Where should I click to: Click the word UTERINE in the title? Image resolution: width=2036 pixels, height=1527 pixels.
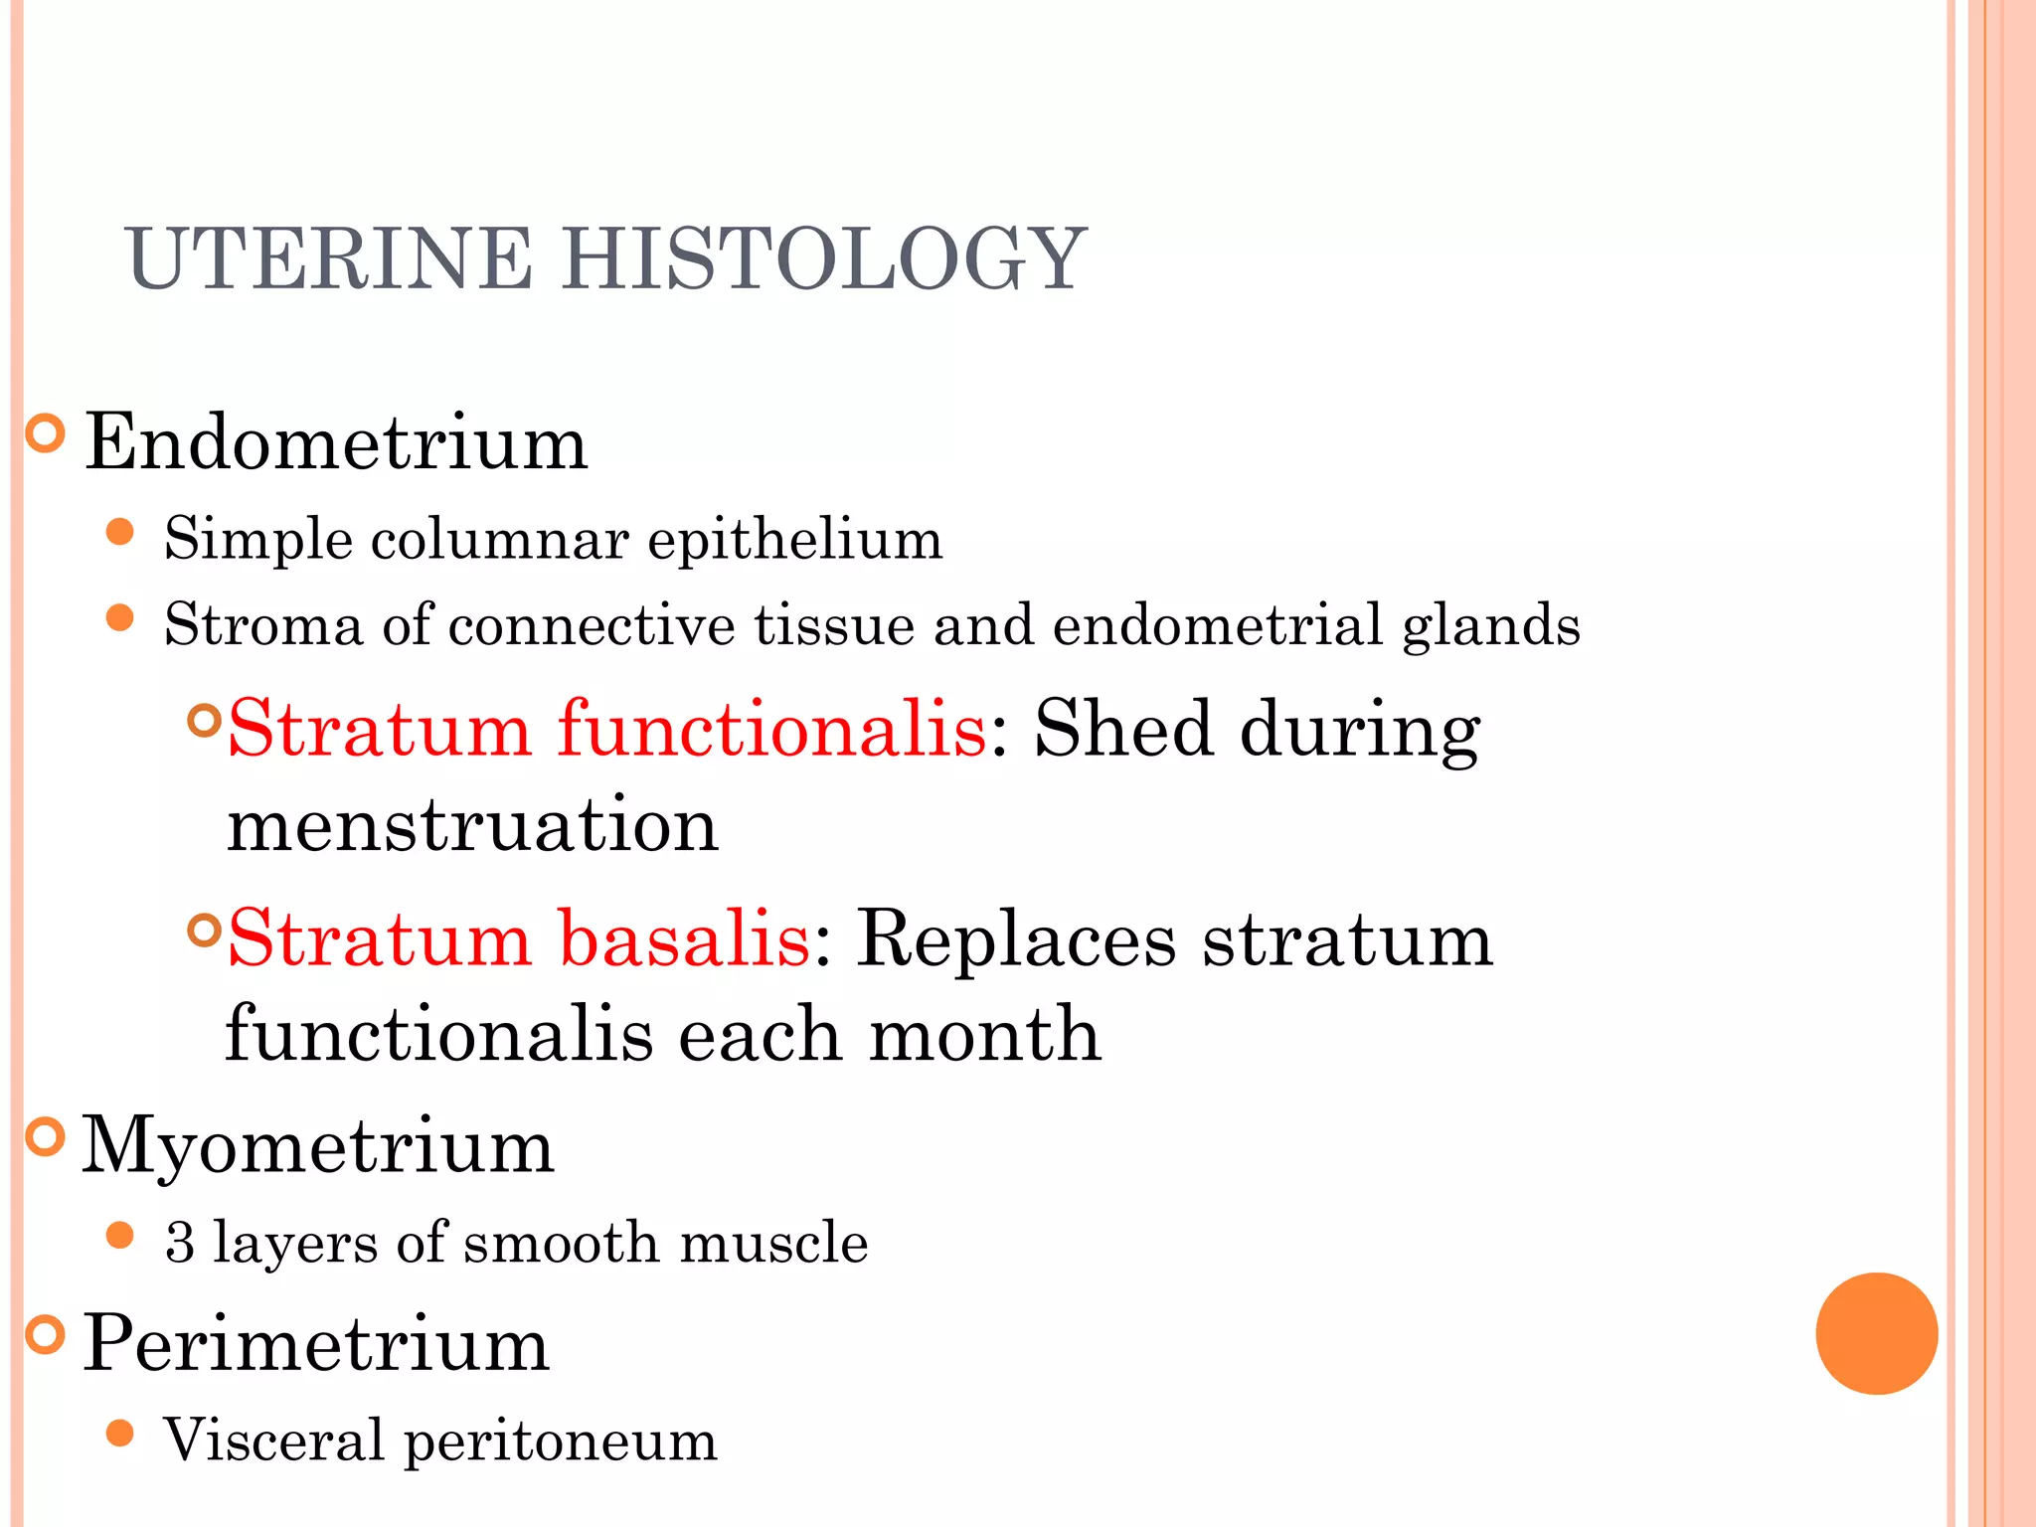coord(329,258)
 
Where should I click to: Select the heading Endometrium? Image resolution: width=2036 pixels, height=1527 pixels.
coord(336,442)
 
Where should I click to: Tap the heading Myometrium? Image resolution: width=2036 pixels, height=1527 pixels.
coord(317,1146)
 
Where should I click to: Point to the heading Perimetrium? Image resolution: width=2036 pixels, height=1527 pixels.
coord(315,1343)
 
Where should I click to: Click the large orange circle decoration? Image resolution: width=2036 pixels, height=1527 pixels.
coord(1876,1333)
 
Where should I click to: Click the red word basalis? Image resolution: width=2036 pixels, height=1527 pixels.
coord(684,937)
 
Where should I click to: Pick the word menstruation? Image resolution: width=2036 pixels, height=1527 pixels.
coord(472,824)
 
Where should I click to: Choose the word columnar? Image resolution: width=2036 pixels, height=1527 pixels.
coord(500,540)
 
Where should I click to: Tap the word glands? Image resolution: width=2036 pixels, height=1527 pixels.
coord(1490,625)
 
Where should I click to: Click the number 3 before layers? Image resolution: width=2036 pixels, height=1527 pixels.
coord(180,1243)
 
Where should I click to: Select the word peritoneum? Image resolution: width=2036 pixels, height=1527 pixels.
coord(560,1442)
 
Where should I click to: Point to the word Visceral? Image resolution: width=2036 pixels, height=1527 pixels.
coord(273,1440)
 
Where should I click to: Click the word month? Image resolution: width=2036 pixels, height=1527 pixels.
coord(984,1034)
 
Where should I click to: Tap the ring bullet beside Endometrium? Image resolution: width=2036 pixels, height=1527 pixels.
coord(45,433)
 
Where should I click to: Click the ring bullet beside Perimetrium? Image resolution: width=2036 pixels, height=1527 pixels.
coord(45,1334)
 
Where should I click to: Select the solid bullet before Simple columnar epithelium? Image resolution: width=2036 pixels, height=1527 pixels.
coord(120,532)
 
